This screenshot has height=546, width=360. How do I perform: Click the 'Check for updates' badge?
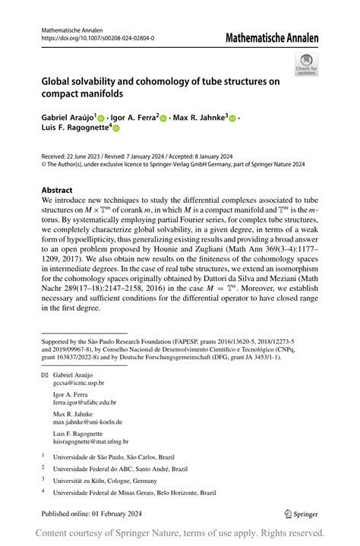pos(306,64)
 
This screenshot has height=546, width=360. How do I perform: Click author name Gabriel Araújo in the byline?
pos(68,118)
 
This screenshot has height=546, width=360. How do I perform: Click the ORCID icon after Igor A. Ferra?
pos(166,118)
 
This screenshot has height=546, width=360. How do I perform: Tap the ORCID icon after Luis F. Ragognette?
pos(117,129)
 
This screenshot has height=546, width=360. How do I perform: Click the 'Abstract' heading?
pos(58,190)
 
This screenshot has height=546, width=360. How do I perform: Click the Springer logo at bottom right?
pos(302,513)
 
